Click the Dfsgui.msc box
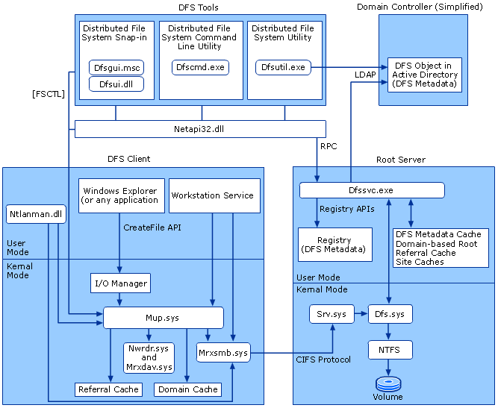(116, 67)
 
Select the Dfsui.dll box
(116, 84)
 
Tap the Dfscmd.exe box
(199, 67)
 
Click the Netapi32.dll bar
(193, 129)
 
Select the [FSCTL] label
(47, 94)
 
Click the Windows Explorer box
(121, 195)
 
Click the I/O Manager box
(120, 283)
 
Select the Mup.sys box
(163, 318)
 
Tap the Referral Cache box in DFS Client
(108, 389)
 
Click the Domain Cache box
(188, 389)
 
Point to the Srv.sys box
(331, 314)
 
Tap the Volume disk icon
(388, 384)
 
